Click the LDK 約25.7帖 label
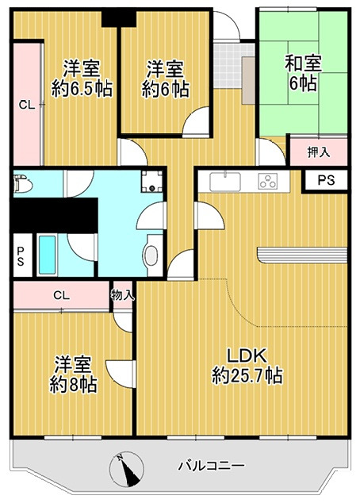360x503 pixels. tap(247, 366)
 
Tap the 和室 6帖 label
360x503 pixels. tap(303, 73)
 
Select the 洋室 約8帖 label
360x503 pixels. tap(74, 374)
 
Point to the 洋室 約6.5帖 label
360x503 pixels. tap(82, 79)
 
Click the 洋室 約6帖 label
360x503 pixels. tap(165, 79)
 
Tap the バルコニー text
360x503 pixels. tap(211, 465)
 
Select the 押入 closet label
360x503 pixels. tap(319, 152)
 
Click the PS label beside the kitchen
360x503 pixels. tap(327, 180)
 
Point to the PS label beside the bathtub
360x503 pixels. tap(21, 256)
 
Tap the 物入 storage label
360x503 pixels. tap(122, 295)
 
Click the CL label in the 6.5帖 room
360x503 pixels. tap(27, 105)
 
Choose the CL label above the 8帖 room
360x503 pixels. tap(62, 295)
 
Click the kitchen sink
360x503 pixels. tap(225, 182)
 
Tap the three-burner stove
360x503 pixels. tap(269, 182)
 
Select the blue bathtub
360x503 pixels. tap(47, 255)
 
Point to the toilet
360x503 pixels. tap(22, 184)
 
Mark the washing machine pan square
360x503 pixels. tap(152, 181)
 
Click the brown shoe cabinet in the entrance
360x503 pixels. tap(248, 80)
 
